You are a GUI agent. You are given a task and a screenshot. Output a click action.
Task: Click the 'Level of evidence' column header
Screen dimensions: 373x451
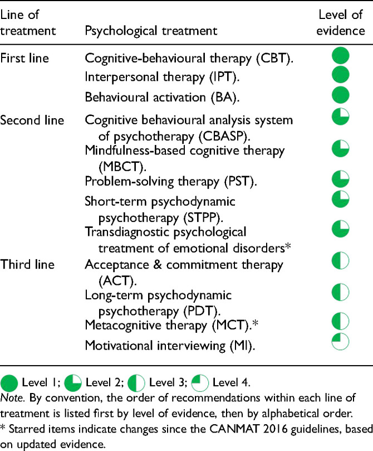click(341, 22)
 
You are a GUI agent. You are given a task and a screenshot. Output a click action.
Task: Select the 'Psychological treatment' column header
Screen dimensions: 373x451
click(151, 31)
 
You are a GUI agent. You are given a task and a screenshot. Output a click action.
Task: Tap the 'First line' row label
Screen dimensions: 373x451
click(24, 59)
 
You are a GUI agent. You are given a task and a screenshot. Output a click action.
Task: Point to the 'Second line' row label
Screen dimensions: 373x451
click(32, 120)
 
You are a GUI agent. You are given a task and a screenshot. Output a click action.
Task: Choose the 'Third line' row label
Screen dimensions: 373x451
click(27, 264)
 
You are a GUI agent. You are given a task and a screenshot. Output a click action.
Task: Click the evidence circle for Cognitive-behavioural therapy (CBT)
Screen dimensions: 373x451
click(341, 56)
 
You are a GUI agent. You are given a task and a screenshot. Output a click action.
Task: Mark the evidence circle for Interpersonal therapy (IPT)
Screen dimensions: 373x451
click(341, 75)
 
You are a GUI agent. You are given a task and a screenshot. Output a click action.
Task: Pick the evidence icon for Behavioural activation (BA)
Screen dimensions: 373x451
click(341, 95)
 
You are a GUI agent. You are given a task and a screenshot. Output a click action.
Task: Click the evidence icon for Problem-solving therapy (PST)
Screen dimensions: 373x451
click(341, 179)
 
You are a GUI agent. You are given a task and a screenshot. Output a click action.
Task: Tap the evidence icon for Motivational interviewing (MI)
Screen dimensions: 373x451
click(341, 341)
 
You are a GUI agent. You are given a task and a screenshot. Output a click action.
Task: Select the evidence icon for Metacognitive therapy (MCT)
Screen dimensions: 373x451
click(341, 321)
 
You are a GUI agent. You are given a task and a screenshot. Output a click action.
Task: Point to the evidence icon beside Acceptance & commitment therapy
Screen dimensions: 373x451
click(341, 260)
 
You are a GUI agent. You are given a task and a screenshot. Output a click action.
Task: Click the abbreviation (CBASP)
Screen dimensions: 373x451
click(224, 137)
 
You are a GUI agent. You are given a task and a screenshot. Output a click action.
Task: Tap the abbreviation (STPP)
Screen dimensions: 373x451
click(203, 218)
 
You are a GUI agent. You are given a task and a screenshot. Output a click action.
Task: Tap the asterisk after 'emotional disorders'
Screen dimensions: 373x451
click(288, 247)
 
